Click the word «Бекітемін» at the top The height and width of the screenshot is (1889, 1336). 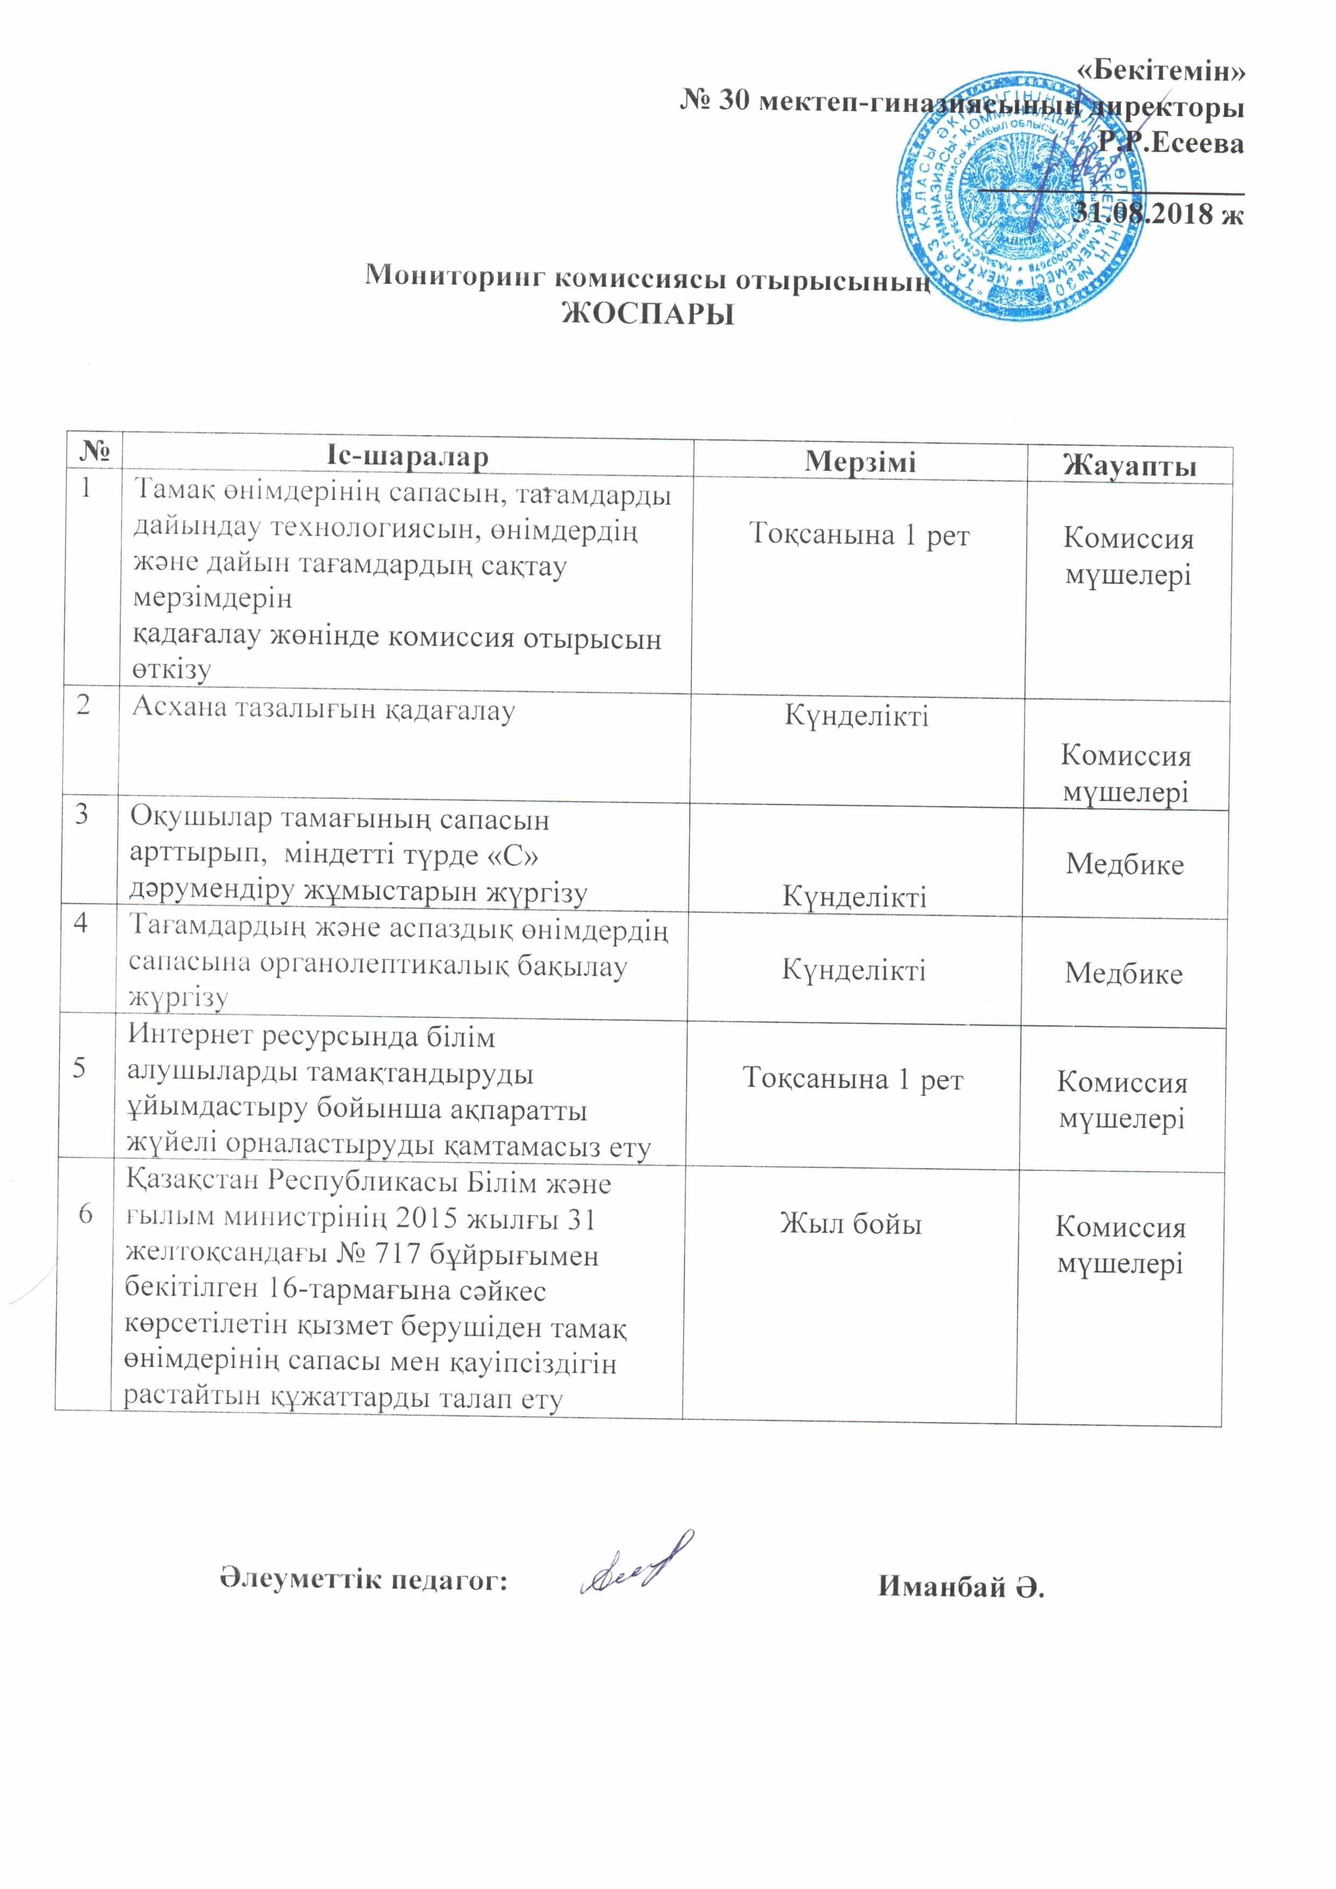point(1161,72)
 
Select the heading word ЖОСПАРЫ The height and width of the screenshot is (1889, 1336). point(647,314)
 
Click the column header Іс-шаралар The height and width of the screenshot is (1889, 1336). point(407,457)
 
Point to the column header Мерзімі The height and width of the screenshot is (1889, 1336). point(859,461)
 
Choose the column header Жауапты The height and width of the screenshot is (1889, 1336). point(1129,466)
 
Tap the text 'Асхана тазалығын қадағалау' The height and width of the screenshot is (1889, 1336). point(323,709)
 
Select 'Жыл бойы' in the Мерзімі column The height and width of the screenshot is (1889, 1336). point(851,1224)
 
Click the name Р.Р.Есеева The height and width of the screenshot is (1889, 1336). point(1171,143)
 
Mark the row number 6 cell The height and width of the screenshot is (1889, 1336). point(85,1214)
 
